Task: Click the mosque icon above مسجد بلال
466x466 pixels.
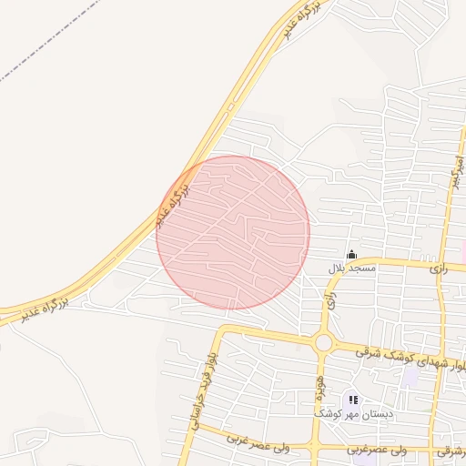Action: click(352, 254)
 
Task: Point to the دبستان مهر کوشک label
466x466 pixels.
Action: click(354, 414)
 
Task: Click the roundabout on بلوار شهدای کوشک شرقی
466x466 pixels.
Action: click(323, 342)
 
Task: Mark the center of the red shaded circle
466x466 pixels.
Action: click(233, 232)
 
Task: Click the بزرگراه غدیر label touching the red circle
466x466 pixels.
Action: click(173, 203)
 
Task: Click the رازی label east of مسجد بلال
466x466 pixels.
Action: click(440, 268)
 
